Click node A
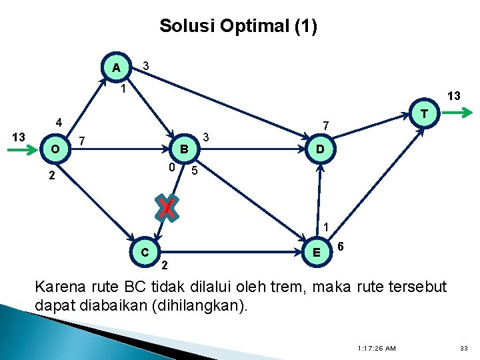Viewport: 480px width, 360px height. click(x=117, y=67)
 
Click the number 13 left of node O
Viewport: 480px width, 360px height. click(x=18, y=137)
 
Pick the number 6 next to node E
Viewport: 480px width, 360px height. click(x=341, y=246)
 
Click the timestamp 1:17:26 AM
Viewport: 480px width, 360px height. click(x=377, y=348)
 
